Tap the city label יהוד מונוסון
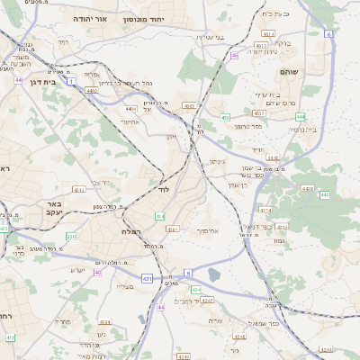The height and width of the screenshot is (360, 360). click(x=167, y=19)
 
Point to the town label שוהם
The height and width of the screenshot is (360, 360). click(x=301, y=71)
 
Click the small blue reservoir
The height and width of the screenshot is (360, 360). click(x=213, y=274)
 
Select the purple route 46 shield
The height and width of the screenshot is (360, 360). click(x=234, y=56)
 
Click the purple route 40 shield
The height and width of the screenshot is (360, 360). click(x=97, y=271)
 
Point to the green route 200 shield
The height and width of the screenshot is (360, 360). click(x=71, y=237)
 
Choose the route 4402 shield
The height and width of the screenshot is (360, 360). click(x=92, y=90)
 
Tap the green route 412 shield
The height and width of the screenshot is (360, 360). click(x=10, y=337)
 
